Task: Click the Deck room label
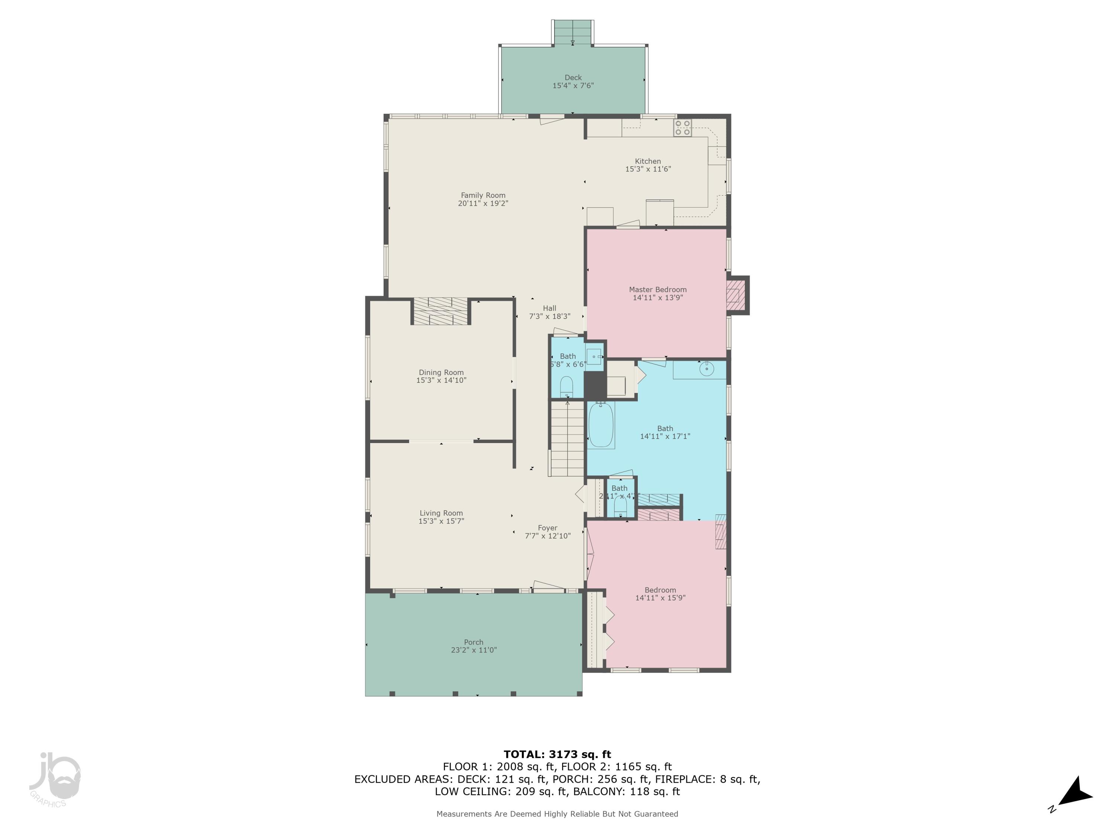[x=573, y=77]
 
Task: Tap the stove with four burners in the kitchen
[x=682, y=128]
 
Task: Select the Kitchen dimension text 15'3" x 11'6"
[x=648, y=169]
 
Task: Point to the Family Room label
[x=483, y=195]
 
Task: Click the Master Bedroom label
[x=657, y=289]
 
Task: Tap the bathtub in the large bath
[x=601, y=424]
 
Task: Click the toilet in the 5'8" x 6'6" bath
[x=566, y=387]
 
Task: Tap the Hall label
[x=549, y=308]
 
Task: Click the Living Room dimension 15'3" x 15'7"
[x=441, y=521]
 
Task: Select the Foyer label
[x=547, y=528]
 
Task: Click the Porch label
[x=474, y=642]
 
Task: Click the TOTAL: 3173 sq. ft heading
[x=557, y=754]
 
